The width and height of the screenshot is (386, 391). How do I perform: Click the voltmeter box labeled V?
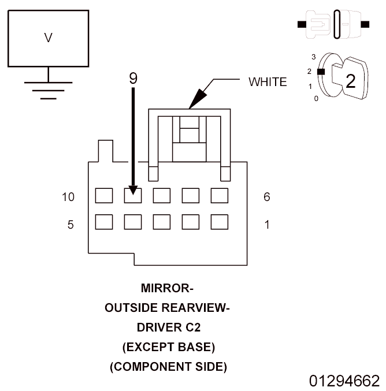pos(48,38)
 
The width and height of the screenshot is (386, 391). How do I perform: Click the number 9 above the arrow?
pos(133,78)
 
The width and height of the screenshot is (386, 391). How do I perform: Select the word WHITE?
pos(267,82)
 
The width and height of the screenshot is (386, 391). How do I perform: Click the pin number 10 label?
pos(69,197)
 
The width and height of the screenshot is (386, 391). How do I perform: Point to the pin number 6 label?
pos(266,197)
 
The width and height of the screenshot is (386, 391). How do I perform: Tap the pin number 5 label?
pos(70,225)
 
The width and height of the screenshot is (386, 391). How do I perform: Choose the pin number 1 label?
pos(266,225)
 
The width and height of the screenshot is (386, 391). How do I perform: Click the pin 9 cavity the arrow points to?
pos(133,196)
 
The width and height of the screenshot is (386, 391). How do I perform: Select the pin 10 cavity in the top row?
pos(104,196)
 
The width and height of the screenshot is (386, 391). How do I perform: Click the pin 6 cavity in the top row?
pos(220,196)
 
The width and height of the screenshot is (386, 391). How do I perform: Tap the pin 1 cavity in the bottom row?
pos(220,222)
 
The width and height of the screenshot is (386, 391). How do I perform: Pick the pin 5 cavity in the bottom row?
pos(104,222)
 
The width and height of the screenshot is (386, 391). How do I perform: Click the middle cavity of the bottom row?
pos(162,222)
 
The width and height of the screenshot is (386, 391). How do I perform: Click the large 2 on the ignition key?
pos(350,81)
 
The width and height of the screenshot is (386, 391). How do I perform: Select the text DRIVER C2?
pos(167,327)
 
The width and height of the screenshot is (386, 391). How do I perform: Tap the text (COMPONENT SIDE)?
pos(168,366)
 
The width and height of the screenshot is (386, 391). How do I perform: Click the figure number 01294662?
pos(344,381)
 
